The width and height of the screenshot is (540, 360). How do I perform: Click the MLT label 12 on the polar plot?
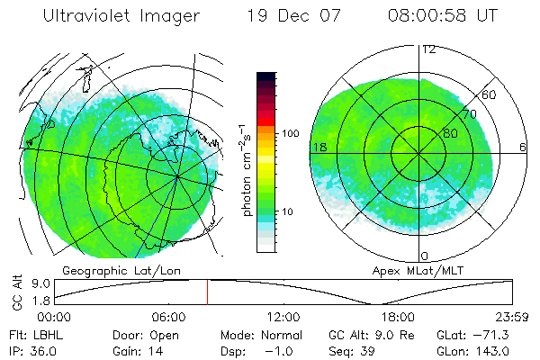click(x=428, y=49)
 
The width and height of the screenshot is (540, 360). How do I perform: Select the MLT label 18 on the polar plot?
click(x=319, y=147)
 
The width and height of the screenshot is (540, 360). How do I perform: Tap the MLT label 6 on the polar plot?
click(x=523, y=147)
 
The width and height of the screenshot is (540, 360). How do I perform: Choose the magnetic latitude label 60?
click(x=490, y=94)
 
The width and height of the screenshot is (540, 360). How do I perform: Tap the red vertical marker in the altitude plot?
click(x=208, y=292)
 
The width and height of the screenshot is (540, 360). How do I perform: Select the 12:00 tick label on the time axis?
click(x=283, y=317)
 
